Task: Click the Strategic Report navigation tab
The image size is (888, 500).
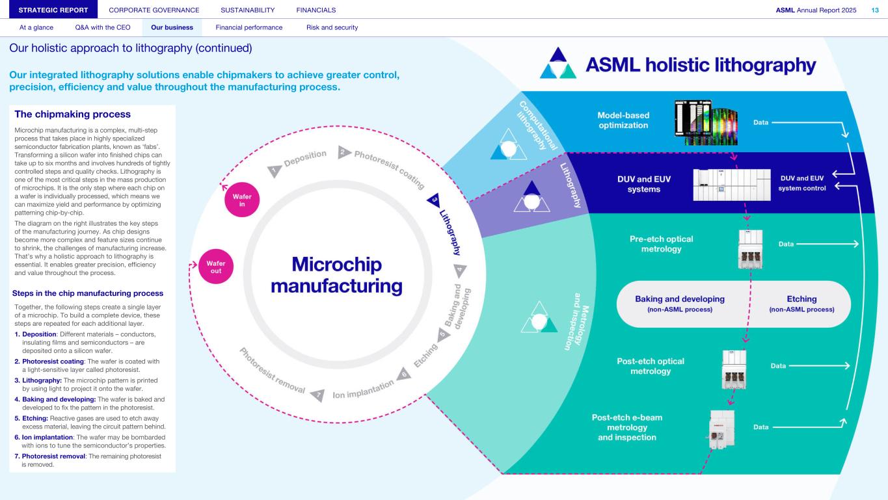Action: point(53,10)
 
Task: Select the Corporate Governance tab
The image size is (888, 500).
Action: point(154,10)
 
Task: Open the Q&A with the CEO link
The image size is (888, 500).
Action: point(103,27)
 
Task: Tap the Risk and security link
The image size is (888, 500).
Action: point(332,27)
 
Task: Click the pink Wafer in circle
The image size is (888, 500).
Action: point(242,200)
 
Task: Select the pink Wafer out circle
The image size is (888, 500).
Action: point(216,267)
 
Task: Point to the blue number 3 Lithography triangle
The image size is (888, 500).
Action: point(434,200)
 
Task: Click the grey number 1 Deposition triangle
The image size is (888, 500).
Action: point(274,171)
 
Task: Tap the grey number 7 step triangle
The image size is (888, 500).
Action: point(318,395)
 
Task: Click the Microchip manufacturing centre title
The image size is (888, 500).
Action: point(336,275)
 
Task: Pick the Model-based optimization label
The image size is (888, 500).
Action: point(623,120)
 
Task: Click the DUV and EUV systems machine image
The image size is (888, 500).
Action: point(732,185)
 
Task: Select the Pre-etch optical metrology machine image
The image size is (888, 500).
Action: point(751,249)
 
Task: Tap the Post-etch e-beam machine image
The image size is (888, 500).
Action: point(721,430)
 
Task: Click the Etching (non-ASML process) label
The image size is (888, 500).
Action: point(801,304)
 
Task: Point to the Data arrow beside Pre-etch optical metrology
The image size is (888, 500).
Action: point(827,244)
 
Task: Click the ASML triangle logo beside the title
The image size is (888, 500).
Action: point(558,63)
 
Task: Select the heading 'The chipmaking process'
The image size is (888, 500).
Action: point(73,114)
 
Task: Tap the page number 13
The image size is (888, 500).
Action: point(875,10)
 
